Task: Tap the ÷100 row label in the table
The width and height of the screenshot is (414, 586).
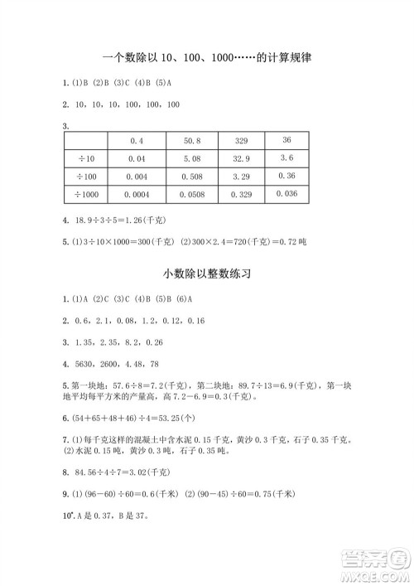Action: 86,176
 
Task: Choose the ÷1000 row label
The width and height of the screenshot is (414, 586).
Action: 86,194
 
